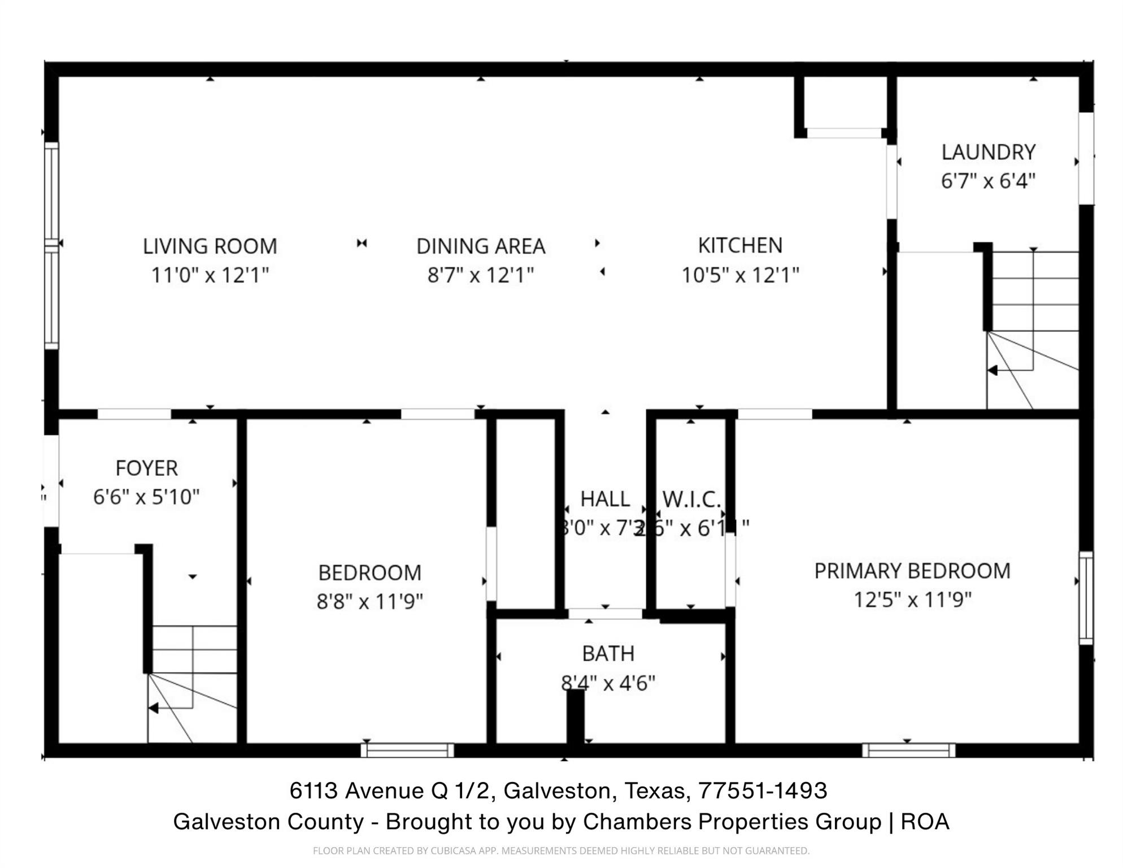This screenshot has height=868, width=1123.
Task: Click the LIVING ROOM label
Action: [210, 246]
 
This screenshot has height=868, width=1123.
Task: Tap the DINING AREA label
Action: [481, 246]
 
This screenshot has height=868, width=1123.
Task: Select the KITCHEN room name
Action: [740, 245]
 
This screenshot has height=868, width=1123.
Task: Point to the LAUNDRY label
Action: [988, 152]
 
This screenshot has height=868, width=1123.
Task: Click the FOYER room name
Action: [146, 468]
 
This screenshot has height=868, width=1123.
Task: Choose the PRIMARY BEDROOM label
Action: [912, 571]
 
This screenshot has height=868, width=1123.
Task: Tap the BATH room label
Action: [608, 654]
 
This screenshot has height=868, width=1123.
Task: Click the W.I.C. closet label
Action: [691, 499]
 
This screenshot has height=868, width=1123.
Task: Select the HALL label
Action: [605, 499]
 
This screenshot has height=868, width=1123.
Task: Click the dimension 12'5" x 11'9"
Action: [912, 600]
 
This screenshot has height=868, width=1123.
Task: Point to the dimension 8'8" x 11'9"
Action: [369, 601]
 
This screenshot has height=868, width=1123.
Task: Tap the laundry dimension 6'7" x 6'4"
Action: [988, 181]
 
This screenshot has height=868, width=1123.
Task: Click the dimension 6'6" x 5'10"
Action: [146, 497]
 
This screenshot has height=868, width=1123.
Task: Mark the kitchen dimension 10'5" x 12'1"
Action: [740, 275]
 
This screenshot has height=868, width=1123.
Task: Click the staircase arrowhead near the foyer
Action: [153, 708]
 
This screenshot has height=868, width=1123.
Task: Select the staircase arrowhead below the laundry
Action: [992, 371]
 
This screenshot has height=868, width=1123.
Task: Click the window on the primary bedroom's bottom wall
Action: [908, 750]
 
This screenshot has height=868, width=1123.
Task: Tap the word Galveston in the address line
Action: [557, 791]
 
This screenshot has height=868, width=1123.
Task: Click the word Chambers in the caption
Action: [637, 822]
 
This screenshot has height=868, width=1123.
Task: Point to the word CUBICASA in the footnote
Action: [452, 850]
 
